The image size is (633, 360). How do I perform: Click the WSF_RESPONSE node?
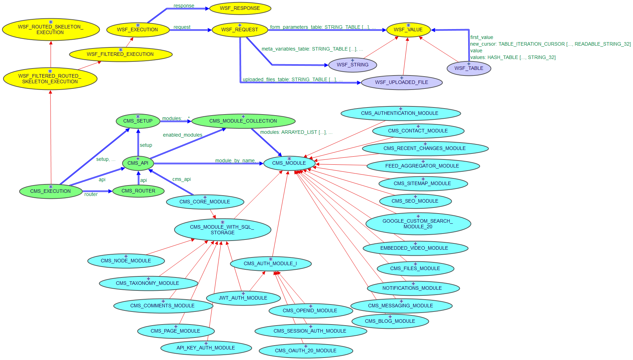tap(240, 8)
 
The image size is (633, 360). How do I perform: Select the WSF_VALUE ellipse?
tap(408, 30)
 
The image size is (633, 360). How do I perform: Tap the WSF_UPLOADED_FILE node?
tap(402, 83)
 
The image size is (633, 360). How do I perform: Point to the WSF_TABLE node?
tap(469, 68)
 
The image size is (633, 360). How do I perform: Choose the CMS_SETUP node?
tap(138, 121)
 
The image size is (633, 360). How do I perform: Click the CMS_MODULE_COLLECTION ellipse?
tap(243, 121)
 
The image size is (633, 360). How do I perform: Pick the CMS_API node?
tap(138, 163)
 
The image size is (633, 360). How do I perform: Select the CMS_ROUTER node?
tap(138, 191)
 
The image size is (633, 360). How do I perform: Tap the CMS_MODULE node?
tap(289, 163)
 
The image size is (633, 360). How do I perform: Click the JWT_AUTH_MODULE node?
tap(243, 298)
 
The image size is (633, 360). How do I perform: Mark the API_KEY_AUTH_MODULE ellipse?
tap(206, 348)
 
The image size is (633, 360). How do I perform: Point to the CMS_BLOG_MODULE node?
tap(390, 321)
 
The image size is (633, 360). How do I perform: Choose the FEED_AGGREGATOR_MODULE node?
tap(422, 166)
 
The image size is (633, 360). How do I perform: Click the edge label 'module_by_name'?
tap(235, 161)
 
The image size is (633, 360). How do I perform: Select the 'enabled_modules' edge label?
tap(183, 135)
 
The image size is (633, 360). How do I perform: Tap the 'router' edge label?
tap(91, 194)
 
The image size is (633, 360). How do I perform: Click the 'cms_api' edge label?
tap(182, 179)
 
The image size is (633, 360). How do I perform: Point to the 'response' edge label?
tap(184, 6)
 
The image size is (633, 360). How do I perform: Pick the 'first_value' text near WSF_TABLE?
tap(482, 37)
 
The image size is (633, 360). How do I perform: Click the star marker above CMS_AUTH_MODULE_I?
tap(271, 259)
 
